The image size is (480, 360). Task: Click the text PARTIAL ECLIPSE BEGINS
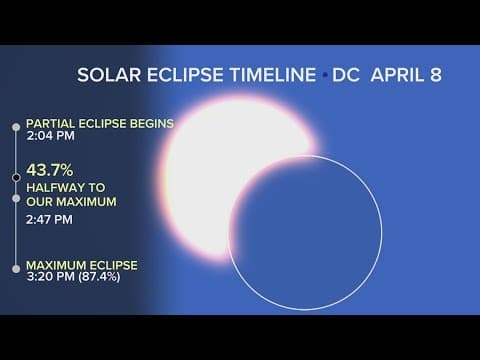(x=100, y=124)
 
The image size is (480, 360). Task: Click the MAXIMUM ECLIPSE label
(x=82, y=265)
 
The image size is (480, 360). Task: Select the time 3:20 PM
(x=47, y=277)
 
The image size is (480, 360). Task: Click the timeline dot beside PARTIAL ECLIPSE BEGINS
(x=15, y=126)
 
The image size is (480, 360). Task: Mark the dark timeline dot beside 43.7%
(x=15, y=178)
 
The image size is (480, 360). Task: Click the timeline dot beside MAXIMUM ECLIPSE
(x=15, y=267)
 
